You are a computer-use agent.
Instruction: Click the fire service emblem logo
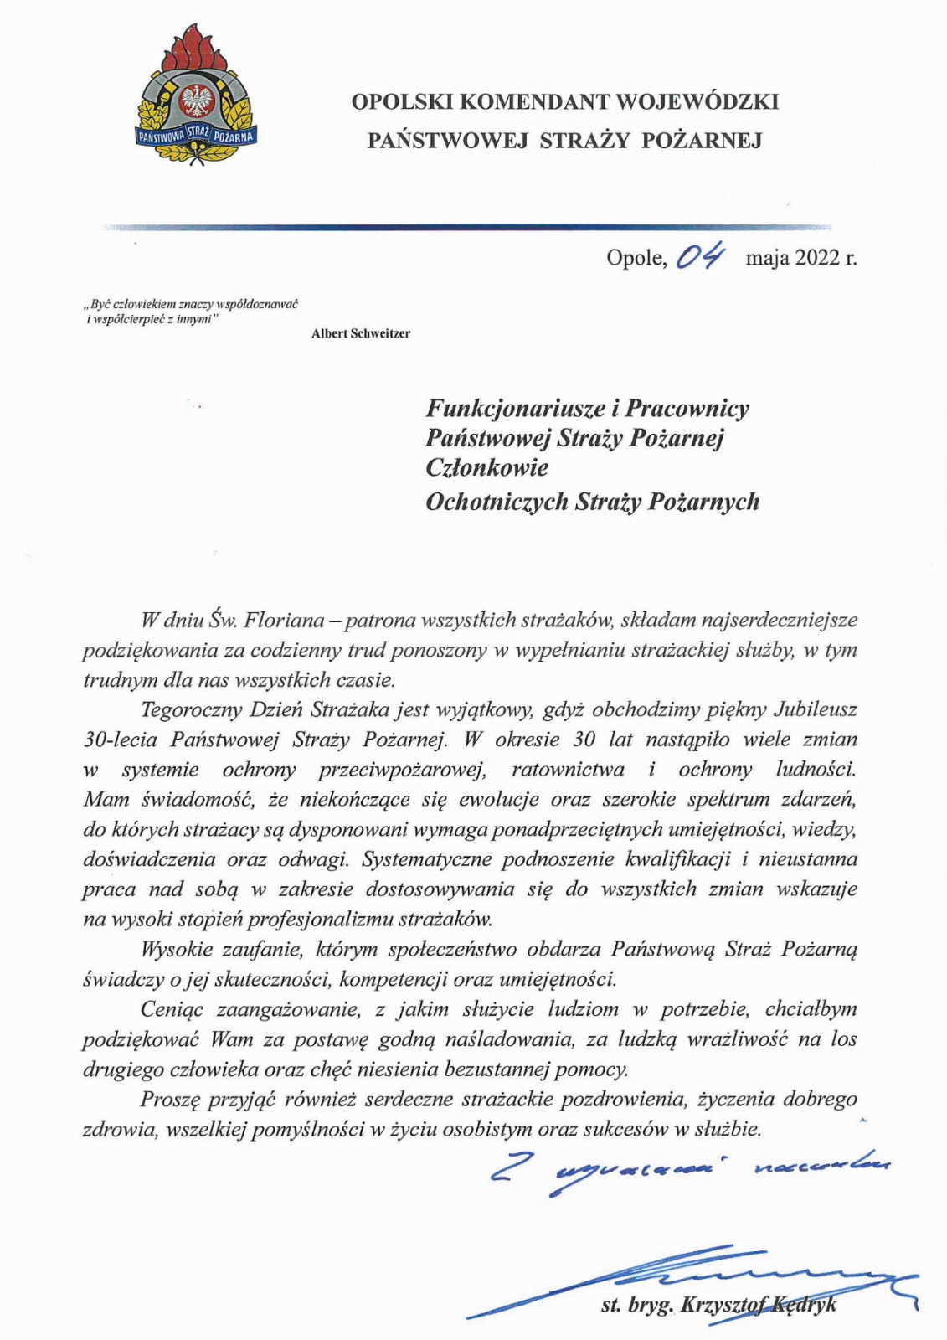pos(197,96)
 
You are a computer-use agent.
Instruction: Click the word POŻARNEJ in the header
pos(702,141)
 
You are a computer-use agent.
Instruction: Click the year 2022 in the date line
pos(817,257)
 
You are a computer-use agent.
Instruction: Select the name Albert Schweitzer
pos(361,333)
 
